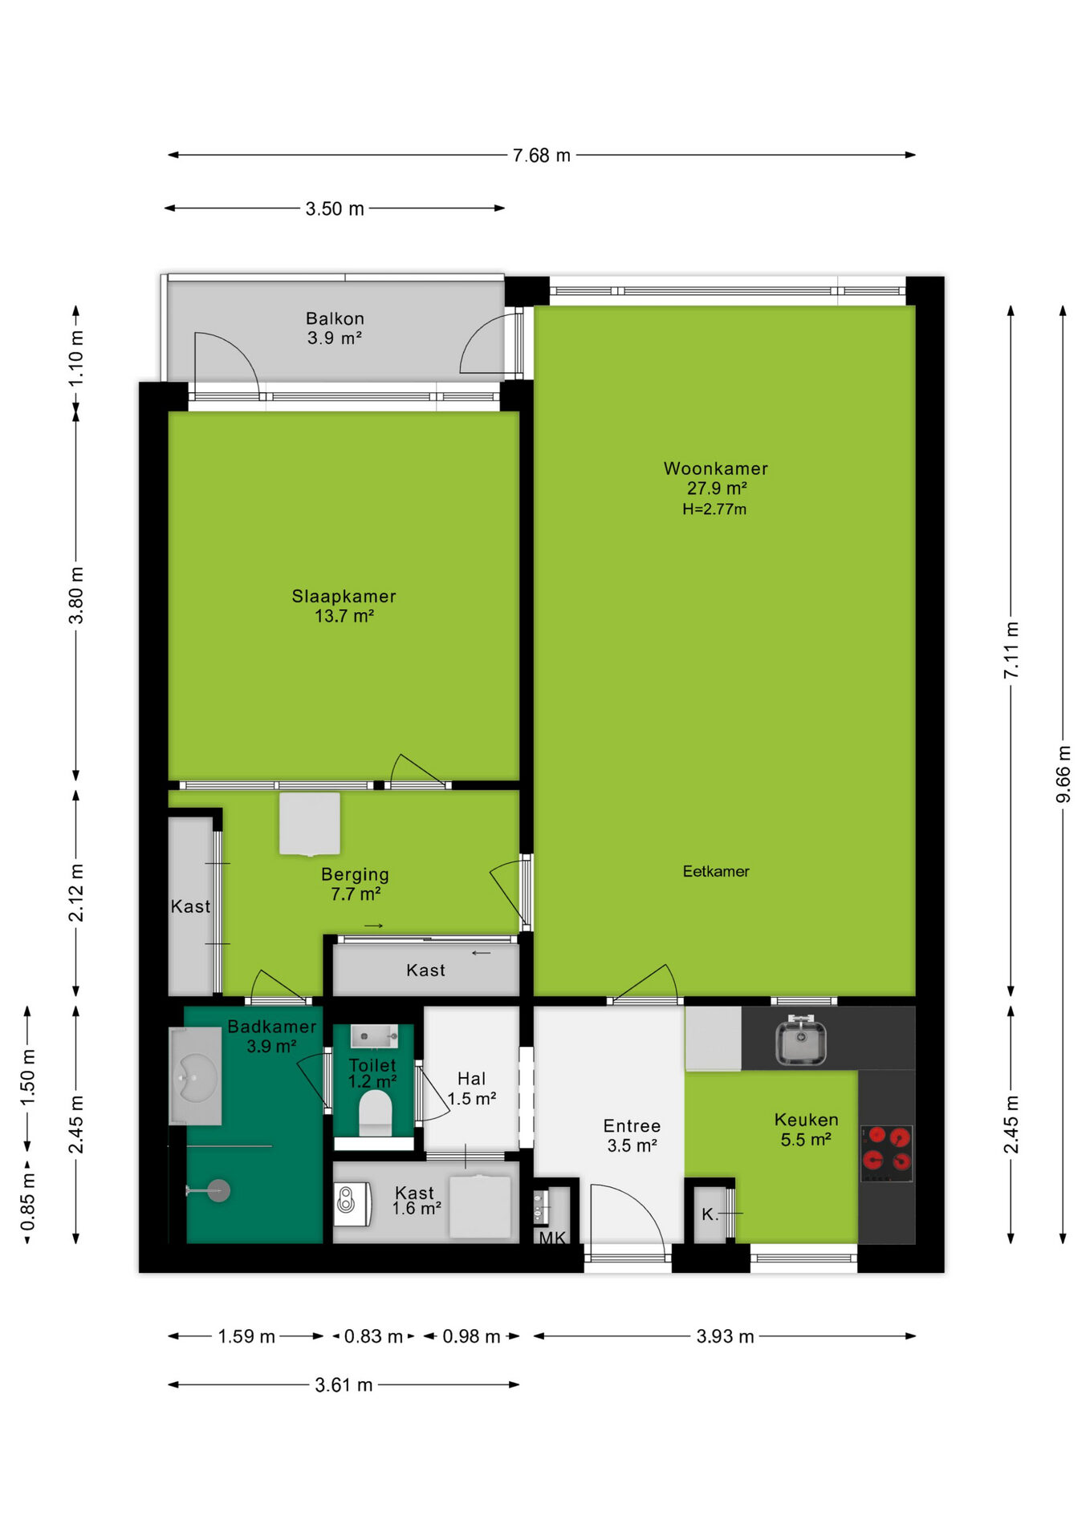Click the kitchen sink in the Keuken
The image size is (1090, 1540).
(800, 1041)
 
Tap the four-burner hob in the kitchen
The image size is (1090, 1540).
(886, 1153)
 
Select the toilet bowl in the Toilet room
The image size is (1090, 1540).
(374, 1113)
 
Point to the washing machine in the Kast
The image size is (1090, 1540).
(352, 1204)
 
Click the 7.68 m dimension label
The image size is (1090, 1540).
(542, 156)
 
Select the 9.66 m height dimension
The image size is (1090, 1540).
(1063, 774)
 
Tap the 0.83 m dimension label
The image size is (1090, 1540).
(373, 1336)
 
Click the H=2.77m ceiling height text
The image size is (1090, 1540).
(714, 509)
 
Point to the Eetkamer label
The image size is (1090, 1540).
(716, 871)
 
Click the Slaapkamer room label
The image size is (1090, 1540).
(344, 596)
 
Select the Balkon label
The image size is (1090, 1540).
(335, 318)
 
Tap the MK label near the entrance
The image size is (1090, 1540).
(552, 1238)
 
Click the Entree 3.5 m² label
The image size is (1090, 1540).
(632, 1136)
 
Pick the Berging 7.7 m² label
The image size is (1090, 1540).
(355, 884)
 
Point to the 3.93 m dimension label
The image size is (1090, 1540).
(725, 1336)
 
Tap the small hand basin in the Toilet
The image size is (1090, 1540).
(374, 1036)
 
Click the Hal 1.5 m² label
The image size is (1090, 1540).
(472, 1088)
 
